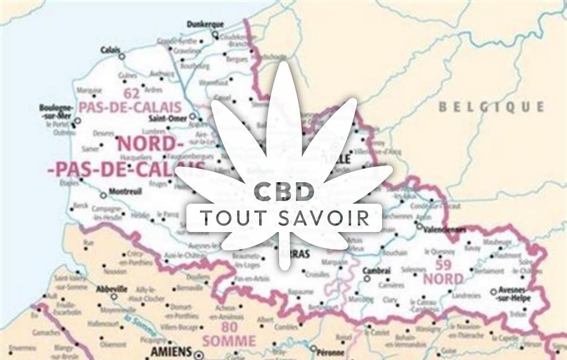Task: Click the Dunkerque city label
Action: pos(205,24)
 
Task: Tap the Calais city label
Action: pos(110,50)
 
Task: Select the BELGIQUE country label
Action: pos(491,107)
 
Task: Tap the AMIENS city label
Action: pos(171,352)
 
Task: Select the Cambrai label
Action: pos(377,270)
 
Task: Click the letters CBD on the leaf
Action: pos(283,192)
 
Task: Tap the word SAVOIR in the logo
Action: pos(328,218)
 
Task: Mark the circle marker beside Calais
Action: pos(122,56)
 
